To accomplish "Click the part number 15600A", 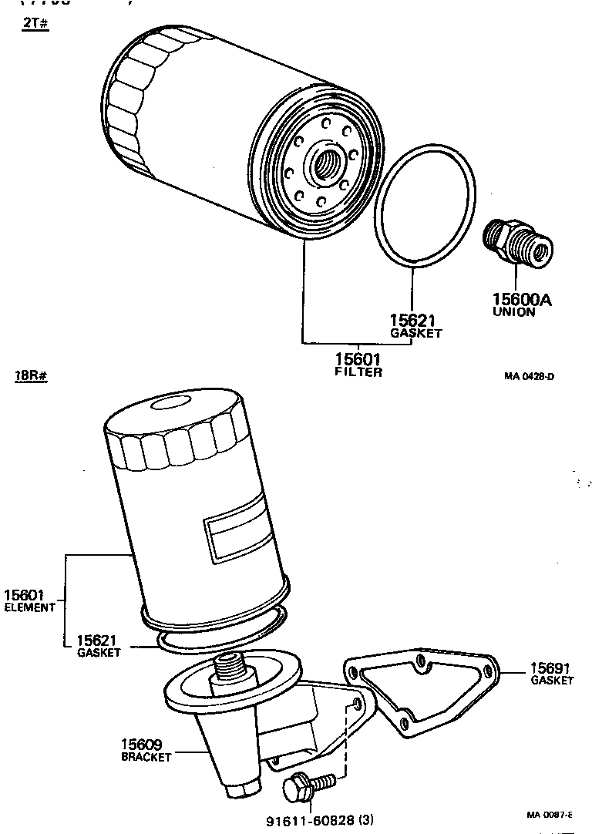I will [x=522, y=299].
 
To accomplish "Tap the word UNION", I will [x=514, y=312].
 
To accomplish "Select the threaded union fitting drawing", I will [x=516, y=243].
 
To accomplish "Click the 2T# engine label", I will [x=35, y=24].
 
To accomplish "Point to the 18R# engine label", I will [x=32, y=376].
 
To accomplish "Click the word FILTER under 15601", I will [x=358, y=372].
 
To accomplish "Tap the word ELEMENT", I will [x=29, y=607].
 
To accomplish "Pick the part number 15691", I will [x=551, y=668].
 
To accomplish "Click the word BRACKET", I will [x=146, y=757].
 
